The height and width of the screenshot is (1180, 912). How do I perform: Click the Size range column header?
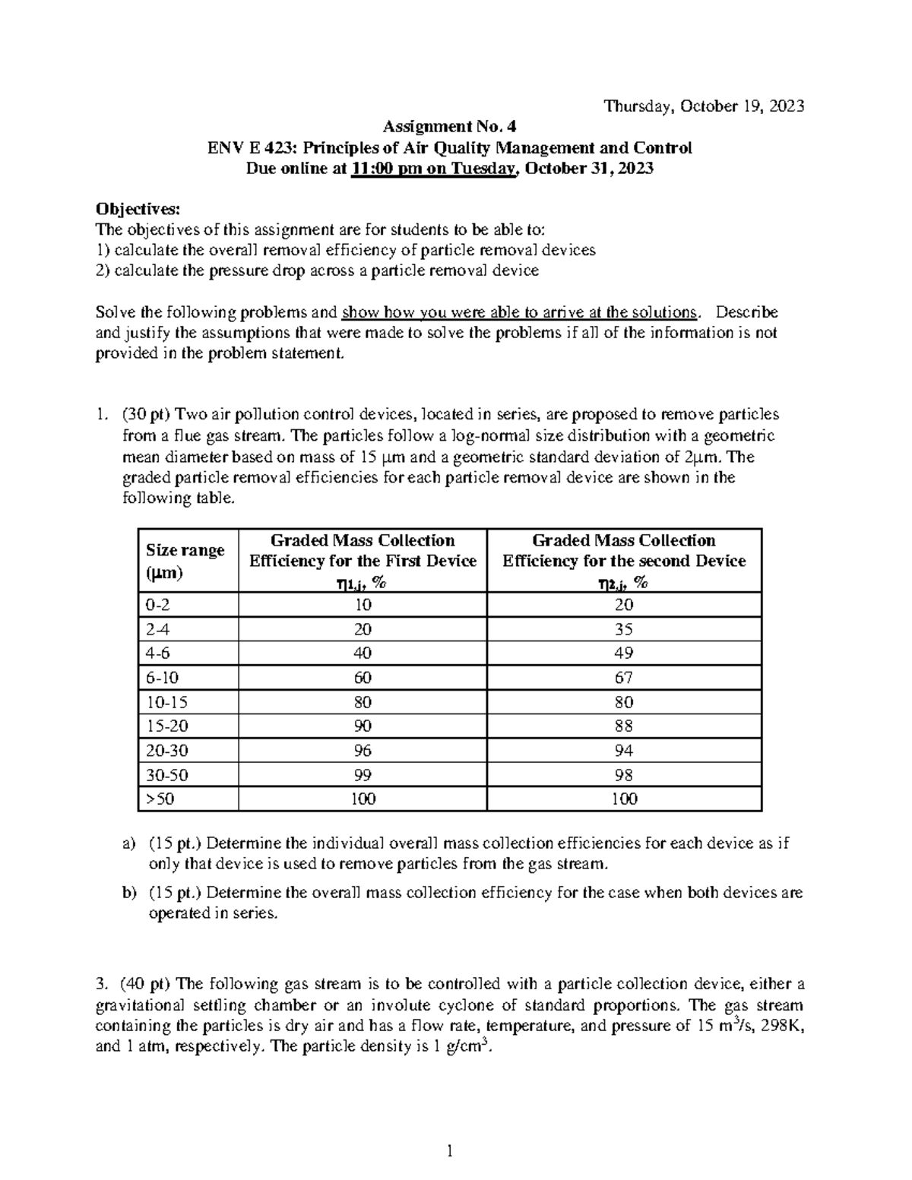185,561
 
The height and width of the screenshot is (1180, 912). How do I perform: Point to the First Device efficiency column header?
363,561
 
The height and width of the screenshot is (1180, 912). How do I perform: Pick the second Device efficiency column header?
624,561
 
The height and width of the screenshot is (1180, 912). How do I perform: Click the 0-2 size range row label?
156,605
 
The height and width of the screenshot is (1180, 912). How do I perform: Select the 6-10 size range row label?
161,678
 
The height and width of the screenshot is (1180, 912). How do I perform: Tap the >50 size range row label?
160,799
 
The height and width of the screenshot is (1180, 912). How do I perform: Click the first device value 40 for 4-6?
363,653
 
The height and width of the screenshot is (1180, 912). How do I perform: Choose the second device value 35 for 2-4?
624,629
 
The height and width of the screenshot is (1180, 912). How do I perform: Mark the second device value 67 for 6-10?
624,678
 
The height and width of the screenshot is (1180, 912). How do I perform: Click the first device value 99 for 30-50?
363,775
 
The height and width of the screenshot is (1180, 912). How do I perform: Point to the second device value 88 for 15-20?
624,726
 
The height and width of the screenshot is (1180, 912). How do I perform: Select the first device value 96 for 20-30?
363,751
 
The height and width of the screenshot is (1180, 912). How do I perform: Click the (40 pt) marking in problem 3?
145,985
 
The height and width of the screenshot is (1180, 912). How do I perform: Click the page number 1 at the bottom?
450,1152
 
